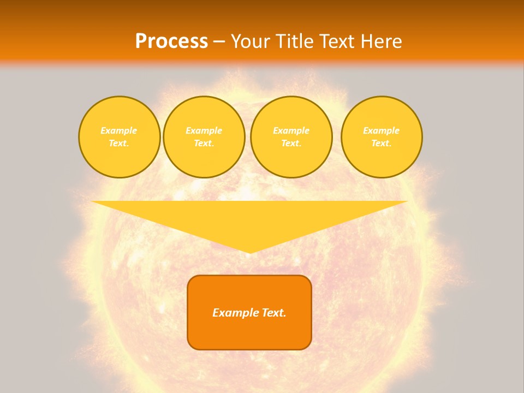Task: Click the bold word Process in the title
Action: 171,41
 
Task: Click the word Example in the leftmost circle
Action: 119,130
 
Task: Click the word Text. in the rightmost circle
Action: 381,143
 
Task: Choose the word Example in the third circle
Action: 291,130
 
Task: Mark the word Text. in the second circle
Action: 204,143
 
